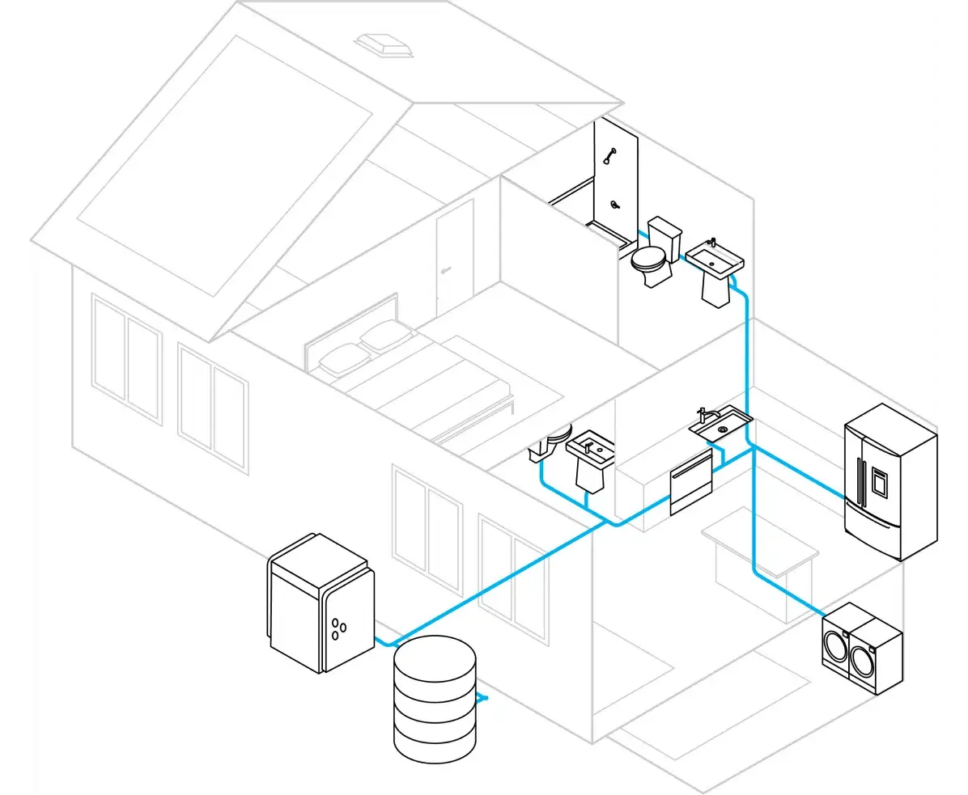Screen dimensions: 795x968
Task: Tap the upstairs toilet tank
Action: click(665, 234)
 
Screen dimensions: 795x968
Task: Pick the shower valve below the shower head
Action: click(615, 204)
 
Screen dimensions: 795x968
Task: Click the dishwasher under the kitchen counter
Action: click(690, 484)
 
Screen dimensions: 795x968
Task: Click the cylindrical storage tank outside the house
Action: click(435, 697)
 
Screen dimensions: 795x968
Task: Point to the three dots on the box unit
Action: click(339, 627)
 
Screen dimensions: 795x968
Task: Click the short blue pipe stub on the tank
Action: click(482, 697)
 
